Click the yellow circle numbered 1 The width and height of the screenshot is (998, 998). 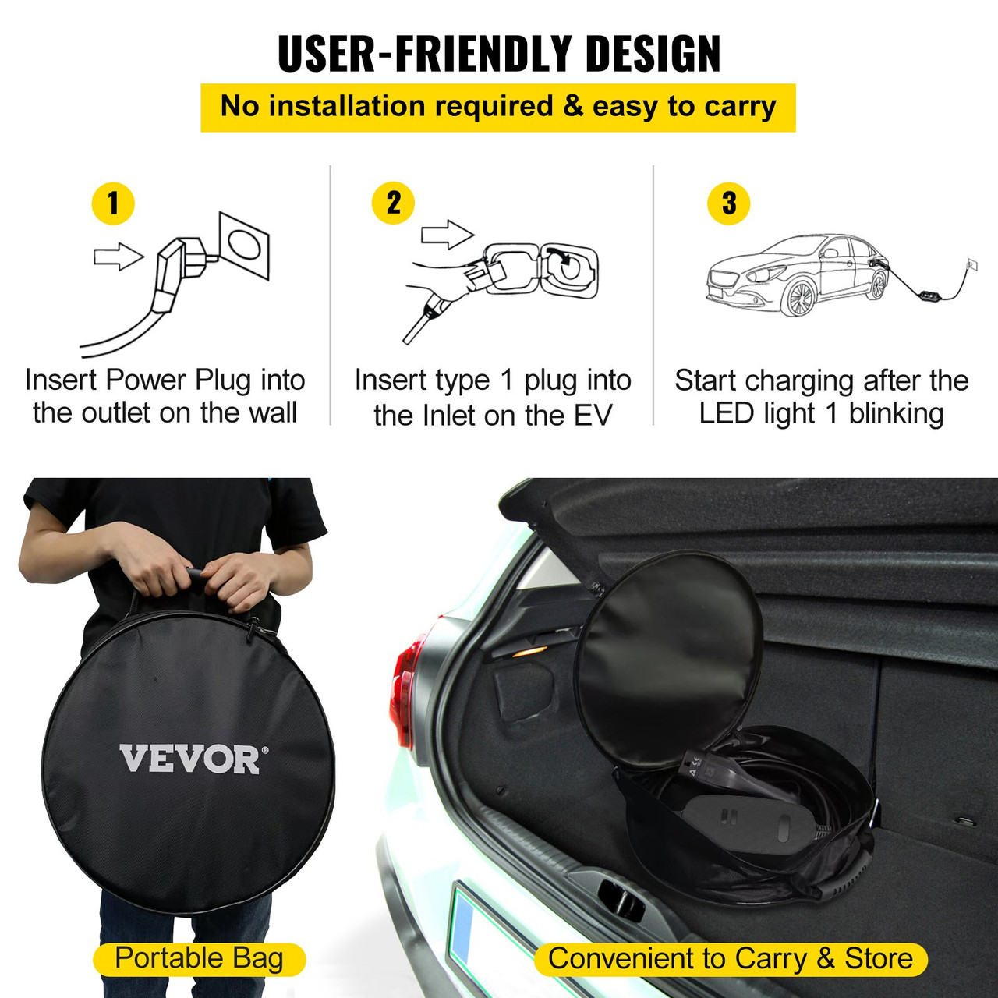click(113, 203)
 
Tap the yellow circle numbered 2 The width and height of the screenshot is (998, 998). click(394, 203)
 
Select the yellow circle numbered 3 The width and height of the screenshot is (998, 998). click(728, 203)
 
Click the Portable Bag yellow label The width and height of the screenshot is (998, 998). click(199, 959)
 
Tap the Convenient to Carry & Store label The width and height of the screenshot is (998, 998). click(731, 959)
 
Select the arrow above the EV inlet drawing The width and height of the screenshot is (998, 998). click(447, 234)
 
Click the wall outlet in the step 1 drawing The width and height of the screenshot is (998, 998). click(245, 244)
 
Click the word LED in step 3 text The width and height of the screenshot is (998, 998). click(727, 414)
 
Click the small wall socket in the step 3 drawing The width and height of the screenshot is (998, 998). click(971, 264)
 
